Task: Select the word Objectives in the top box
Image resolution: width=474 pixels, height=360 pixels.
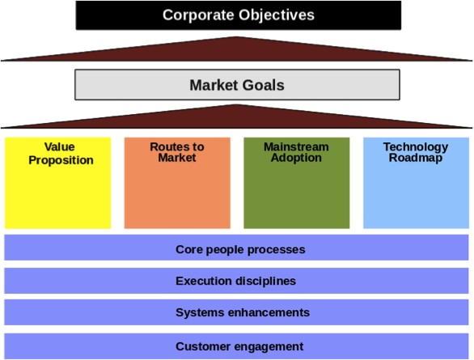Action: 277,15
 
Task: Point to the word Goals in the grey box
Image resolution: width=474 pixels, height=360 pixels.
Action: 264,85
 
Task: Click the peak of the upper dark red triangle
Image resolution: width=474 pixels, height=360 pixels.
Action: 237,37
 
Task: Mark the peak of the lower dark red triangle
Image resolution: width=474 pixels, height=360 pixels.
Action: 237,104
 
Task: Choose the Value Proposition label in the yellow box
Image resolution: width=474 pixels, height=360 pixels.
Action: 61,153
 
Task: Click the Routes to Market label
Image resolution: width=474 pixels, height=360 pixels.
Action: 177,152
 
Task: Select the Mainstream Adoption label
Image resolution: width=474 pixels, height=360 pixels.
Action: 296,152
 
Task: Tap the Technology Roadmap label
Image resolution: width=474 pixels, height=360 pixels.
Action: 416,153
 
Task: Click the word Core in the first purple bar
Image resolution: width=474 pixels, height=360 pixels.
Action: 189,250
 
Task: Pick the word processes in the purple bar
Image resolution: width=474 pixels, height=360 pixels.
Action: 277,250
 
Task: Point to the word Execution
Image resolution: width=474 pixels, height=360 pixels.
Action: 204,281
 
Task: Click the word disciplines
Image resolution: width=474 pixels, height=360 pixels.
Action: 266,282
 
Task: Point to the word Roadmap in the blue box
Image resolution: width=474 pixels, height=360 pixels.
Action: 416,158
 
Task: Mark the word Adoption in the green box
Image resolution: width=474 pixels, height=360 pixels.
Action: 296,158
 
